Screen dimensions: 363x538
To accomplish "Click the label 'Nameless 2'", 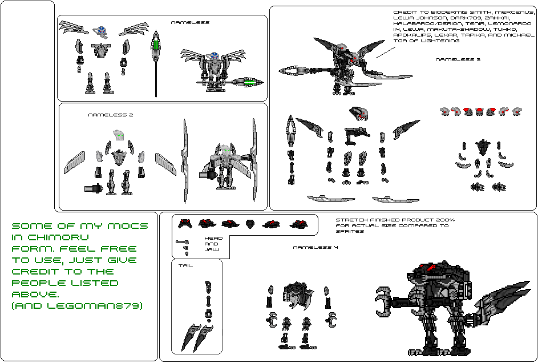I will (111, 115).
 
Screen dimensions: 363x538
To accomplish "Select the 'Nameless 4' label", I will (315, 247).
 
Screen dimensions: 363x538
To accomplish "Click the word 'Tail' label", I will (185, 265).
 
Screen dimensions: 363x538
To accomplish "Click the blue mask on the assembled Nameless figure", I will (213, 56).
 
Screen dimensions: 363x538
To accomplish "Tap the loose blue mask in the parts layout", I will (103, 30).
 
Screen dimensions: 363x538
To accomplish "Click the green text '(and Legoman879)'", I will (77, 306).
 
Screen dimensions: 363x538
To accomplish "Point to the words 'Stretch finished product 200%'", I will (395, 220).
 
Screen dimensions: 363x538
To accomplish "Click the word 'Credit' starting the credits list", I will (406, 12).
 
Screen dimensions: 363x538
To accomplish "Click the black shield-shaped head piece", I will (250, 223).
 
